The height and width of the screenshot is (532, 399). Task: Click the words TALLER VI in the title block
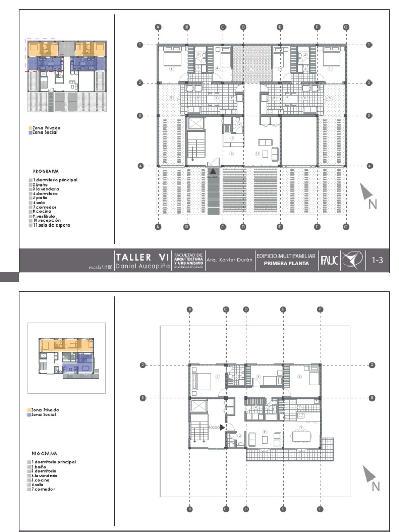click(142, 257)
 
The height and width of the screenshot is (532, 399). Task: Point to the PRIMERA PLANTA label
click(285, 264)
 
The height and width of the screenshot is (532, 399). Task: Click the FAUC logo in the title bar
click(330, 260)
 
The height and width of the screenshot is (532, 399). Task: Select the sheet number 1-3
click(377, 260)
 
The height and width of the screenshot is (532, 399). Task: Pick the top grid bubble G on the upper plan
click(346, 26)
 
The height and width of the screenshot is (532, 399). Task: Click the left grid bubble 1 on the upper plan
click(140, 45)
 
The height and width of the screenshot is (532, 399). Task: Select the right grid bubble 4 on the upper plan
click(369, 166)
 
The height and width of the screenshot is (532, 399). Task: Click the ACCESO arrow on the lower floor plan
click(222, 427)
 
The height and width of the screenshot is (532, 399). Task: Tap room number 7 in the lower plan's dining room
click(301, 427)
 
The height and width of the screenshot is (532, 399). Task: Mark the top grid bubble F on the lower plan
click(320, 310)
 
